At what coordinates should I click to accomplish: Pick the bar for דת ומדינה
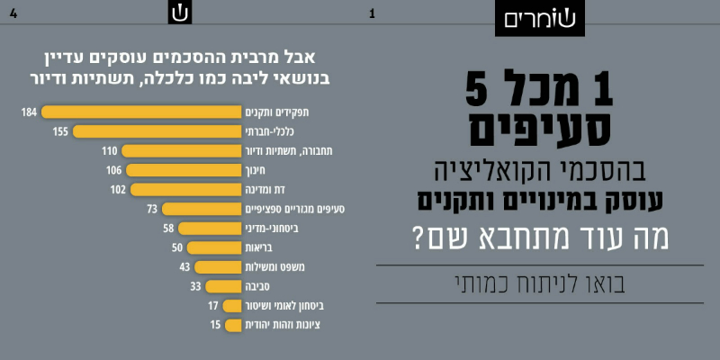(x=185, y=189)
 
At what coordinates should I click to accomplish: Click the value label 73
(x=153, y=209)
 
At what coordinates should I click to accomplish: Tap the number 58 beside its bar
(x=168, y=228)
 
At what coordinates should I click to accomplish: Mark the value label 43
(x=184, y=266)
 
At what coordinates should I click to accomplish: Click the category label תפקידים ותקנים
(x=271, y=112)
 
